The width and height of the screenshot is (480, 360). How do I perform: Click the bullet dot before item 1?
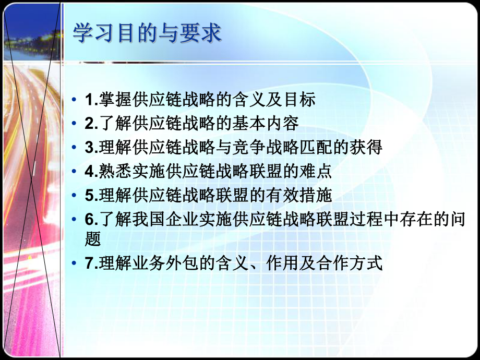(76, 99)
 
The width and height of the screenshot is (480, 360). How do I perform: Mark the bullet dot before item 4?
(76, 172)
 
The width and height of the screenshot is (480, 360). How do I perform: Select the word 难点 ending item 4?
(319, 172)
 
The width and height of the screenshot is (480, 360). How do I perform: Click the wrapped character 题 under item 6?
(91, 239)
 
